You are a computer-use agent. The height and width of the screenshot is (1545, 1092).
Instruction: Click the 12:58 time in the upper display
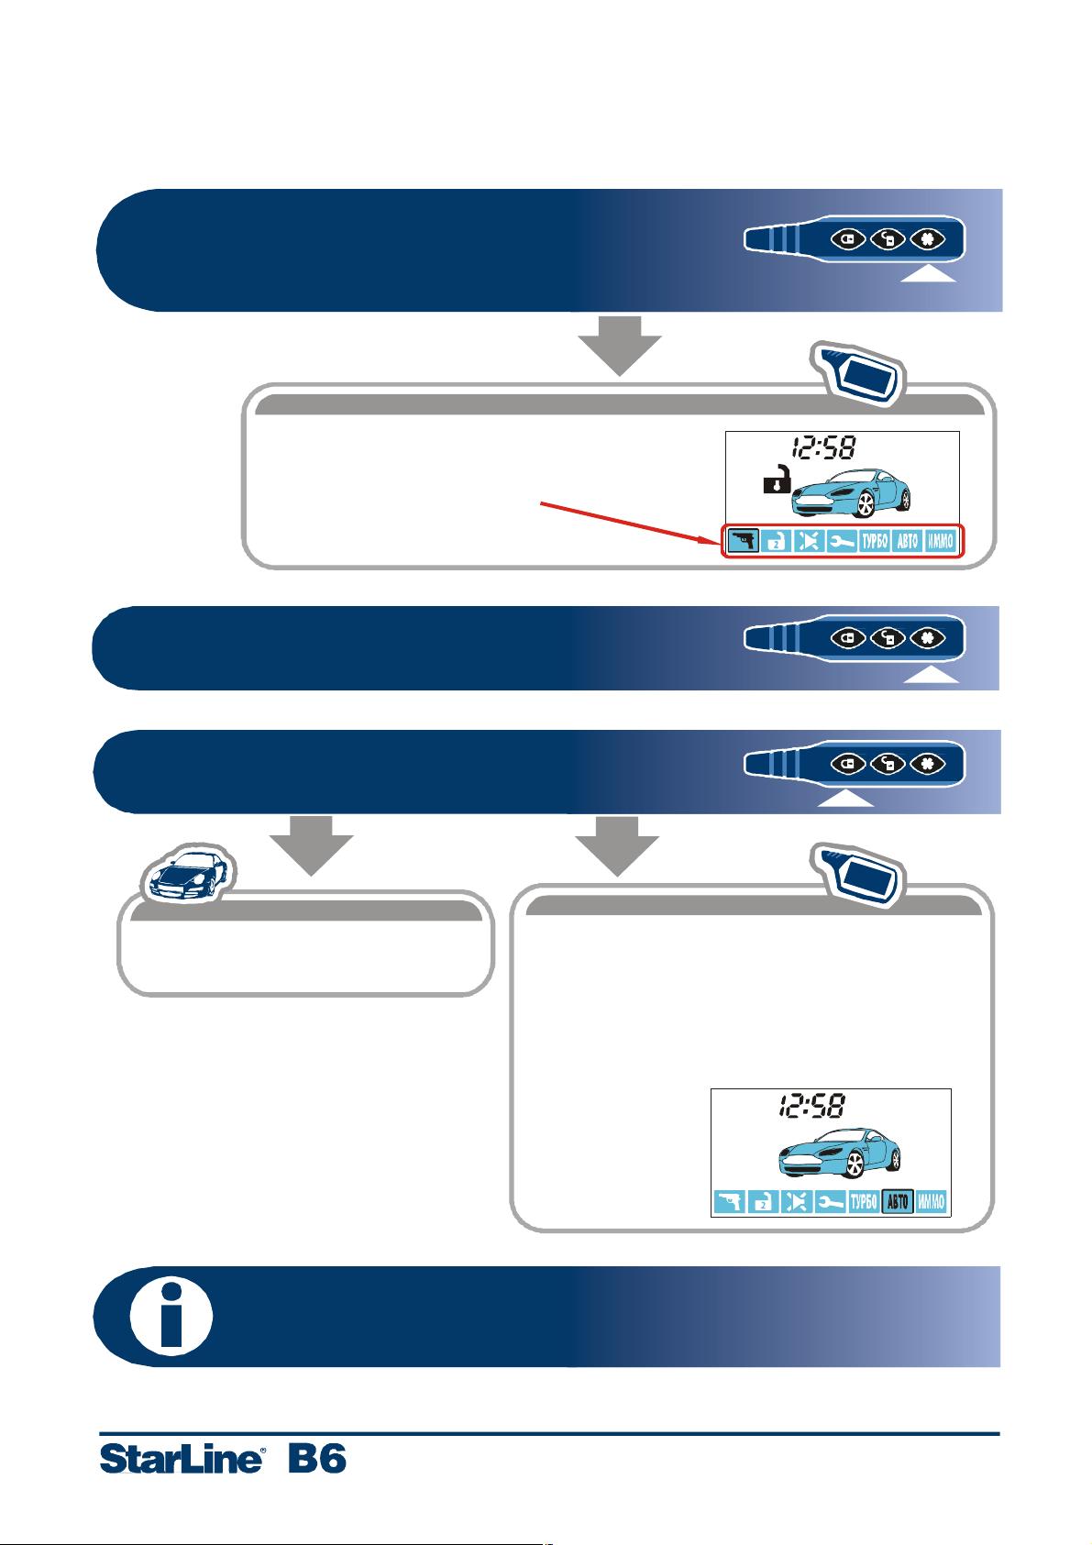click(823, 448)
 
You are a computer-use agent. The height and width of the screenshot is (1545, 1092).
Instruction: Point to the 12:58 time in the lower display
click(811, 1105)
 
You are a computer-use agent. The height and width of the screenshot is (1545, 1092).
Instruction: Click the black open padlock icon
click(777, 479)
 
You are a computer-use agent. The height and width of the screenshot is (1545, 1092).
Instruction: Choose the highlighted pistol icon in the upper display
click(744, 540)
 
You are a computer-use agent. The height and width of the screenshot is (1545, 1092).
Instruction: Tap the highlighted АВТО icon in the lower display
click(898, 1202)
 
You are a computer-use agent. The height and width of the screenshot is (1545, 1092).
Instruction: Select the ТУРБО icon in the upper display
click(875, 541)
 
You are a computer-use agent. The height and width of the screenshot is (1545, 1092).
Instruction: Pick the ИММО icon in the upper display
click(940, 541)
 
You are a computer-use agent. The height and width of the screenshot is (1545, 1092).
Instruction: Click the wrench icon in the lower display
click(830, 1202)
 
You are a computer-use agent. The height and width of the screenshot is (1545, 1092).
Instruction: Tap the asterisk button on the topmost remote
click(928, 239)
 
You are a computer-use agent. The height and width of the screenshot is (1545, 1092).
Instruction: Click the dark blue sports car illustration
click(189, 873)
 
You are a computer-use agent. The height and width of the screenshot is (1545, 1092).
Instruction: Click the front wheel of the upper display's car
click(865, 504)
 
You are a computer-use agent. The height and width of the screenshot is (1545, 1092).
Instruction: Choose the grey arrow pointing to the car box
click(311, 845)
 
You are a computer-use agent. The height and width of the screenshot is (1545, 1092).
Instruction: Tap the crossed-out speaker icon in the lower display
click(796, 1202)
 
